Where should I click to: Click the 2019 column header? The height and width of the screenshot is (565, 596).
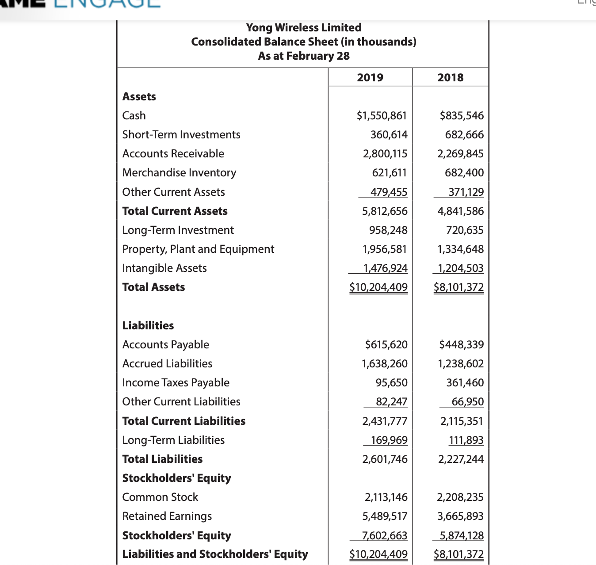[x=370, y=77]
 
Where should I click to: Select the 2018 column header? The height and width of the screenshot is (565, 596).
[x=450, y=77]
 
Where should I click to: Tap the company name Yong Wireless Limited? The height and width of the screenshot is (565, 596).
[x=304, y=27]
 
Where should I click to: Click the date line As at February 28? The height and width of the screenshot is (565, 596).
[x=304, y=56]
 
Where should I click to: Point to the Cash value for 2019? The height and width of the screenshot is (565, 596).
[x=382, y=115]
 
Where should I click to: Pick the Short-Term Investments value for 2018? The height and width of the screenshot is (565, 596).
[x=464, y=134]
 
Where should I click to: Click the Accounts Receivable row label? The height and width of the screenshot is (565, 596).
[x=173, y=153]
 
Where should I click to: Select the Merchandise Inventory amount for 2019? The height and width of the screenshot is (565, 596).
[x=389, y=172]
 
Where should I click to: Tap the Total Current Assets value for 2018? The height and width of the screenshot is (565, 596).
[x=460, y=211]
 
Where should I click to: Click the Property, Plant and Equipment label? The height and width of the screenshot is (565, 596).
[x=198, y=249]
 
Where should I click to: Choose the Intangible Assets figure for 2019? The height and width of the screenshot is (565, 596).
[x=385, y=268]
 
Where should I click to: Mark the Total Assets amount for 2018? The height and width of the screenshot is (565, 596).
[x=458, y=287]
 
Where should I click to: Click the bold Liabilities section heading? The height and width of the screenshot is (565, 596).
[x=148, y=325]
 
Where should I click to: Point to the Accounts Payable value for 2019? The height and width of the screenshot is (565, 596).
[x=386, y=344]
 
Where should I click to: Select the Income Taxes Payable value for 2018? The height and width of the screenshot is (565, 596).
[x=465, y=382]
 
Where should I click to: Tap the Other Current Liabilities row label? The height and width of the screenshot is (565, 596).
[x=181, y=401]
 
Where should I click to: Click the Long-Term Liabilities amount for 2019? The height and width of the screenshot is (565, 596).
[x=389, y=440]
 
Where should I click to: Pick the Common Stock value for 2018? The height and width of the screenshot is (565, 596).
[x=460, y=497]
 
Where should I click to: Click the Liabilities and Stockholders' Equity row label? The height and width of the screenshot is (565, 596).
[x=215, y=554]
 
